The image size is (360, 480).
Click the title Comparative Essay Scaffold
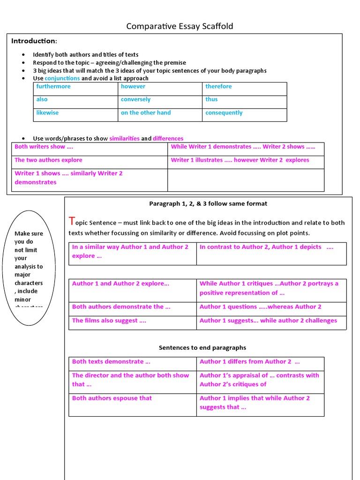180,26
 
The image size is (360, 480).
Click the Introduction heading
34,41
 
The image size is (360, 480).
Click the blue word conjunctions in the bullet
62,78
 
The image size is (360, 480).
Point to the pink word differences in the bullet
168,138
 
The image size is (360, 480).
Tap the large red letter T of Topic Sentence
72,221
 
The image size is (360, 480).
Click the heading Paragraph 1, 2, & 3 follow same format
208,203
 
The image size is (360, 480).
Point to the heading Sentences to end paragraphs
202,348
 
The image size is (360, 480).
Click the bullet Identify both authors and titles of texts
85,55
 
